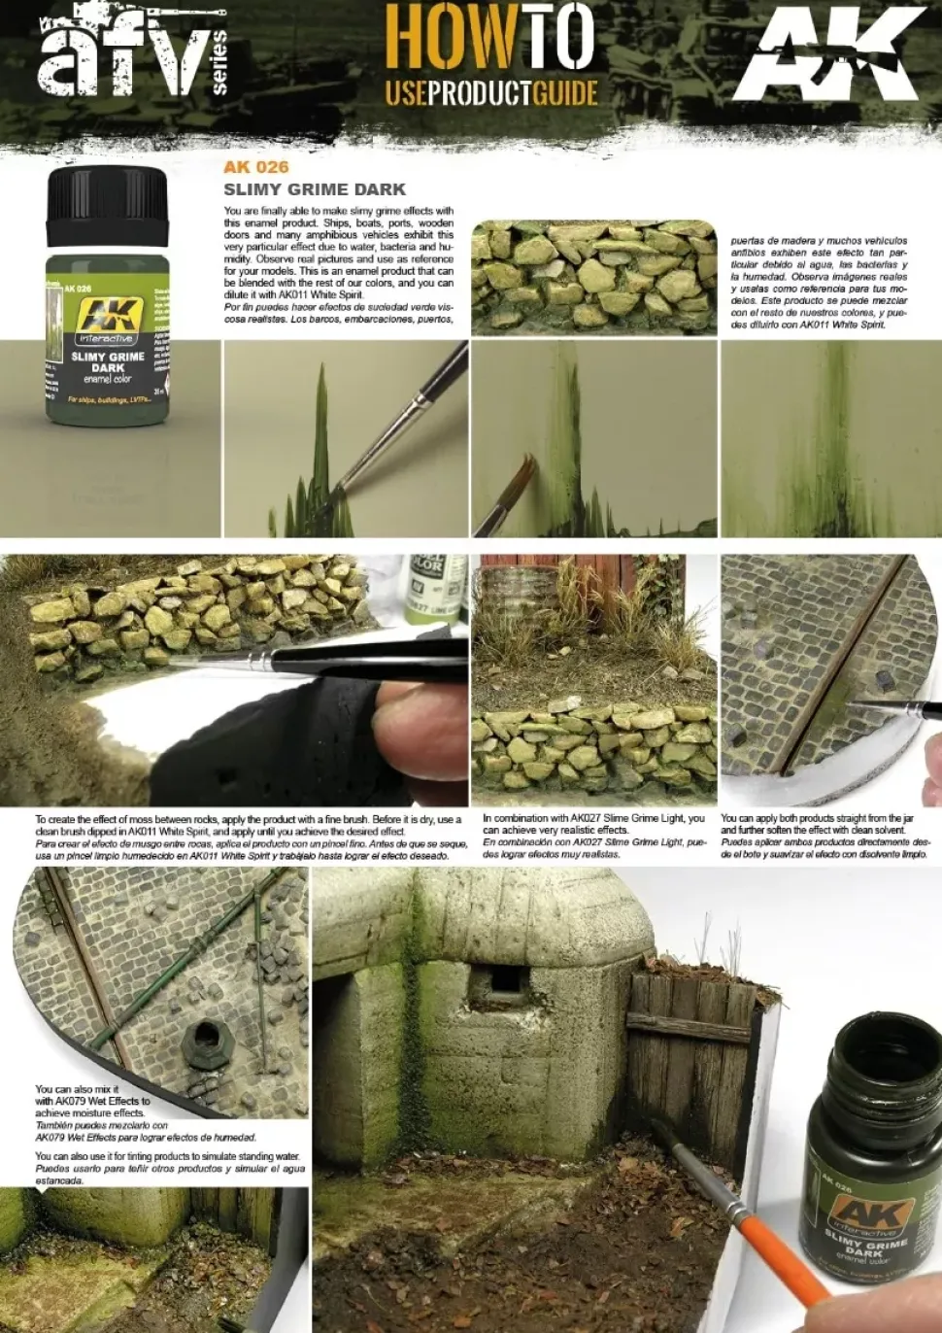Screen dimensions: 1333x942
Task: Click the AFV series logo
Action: coord(131,53)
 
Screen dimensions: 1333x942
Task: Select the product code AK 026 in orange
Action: coord(255,167)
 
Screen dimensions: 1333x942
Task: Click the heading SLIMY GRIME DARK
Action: coord(315,189)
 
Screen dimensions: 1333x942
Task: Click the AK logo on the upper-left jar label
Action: coord(108,316)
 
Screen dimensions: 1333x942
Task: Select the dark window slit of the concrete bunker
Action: coord(503,980)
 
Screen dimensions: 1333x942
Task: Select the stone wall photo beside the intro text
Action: coord(593,277)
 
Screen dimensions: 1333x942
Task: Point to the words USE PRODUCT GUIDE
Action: coord(490,93)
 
